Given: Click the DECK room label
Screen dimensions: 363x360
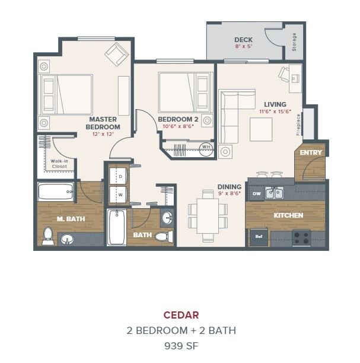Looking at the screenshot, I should point(243,40).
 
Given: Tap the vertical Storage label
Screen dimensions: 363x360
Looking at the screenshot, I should point(294,41).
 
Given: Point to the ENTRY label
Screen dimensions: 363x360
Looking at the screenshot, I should point(311,152).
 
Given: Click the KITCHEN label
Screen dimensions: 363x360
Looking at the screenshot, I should point(288,215).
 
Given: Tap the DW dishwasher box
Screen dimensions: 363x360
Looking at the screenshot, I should point(256,193).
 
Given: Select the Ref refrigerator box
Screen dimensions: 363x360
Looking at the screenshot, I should point(258,237).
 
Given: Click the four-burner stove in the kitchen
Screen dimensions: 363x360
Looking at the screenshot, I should point(301,237).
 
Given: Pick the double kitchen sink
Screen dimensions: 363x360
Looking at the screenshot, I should point(274,193).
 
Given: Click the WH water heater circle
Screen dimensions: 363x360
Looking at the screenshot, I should point(206,147).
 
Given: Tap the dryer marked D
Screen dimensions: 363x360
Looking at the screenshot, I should point(119,177).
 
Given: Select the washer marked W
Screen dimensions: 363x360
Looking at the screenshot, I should point(119,194).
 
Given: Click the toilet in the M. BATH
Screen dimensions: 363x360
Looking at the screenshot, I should point(49,235).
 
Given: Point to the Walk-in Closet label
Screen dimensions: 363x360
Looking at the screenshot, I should point(59,164).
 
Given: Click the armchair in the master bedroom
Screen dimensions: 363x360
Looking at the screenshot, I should point(116,55).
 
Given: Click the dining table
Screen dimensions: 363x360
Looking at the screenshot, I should point(208,215).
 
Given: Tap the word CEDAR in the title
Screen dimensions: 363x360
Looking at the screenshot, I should point(181,315).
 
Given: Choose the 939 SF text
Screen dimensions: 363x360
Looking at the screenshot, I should point(181,344).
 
